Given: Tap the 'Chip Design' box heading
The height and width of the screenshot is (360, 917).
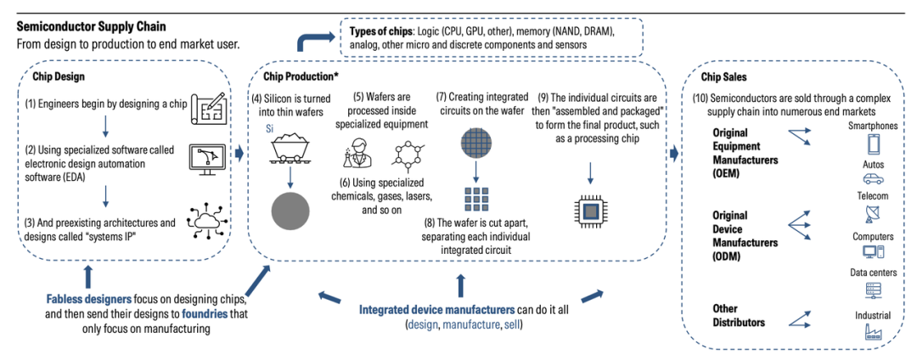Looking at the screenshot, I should click(59, 76).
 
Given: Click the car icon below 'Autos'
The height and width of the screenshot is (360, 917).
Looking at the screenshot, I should click(873, 179).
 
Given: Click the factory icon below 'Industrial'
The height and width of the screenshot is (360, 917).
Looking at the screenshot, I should click(873, 332).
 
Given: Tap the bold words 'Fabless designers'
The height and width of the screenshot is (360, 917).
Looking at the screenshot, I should click(89, 300).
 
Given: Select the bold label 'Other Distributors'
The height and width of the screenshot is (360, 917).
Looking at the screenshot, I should click(739, 315).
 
